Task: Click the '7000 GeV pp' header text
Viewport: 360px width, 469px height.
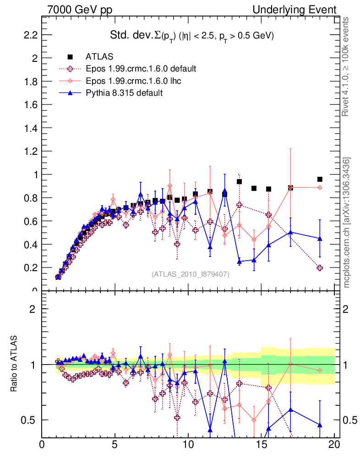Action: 80,10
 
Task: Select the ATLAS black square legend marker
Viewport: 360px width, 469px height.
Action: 70,57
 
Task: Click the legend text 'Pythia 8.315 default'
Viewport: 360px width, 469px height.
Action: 124,93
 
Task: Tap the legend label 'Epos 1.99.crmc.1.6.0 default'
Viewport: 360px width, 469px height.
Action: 141,69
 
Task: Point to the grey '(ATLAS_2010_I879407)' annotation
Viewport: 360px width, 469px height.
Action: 191,274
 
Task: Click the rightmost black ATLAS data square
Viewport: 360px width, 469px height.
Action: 320,179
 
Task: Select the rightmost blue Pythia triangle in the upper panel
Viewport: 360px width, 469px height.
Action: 320,239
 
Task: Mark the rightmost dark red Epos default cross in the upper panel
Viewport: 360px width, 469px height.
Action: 320,268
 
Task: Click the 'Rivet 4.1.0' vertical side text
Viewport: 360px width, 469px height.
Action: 346,66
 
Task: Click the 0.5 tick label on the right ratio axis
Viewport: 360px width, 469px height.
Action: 348,420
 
